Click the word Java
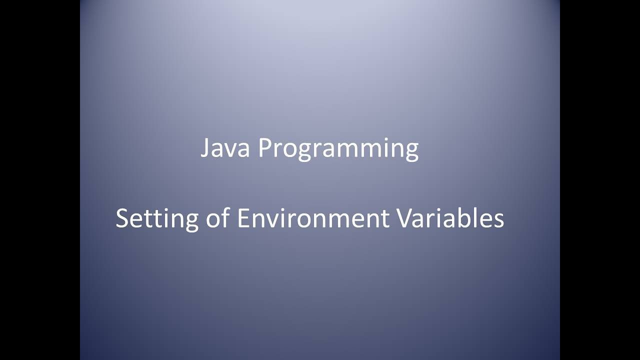[x=225, y=148]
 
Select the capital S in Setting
[x=122, y=219]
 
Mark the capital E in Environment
[x=242, y=219]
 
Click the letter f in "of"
[x=224, y=218]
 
